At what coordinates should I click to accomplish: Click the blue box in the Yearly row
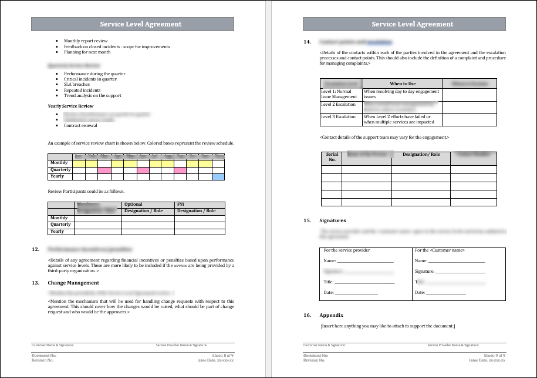click(218, 176)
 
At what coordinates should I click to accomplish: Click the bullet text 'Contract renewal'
click(80, 126)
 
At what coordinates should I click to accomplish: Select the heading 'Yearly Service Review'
click(70, 106)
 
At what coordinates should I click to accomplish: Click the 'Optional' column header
click(133, 205)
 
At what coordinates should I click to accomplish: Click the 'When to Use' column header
click(403, 83)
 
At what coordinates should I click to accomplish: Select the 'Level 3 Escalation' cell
click(339, 117)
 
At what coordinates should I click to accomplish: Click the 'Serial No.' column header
click(332, 157)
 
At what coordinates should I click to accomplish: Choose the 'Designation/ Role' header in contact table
click(421, 155)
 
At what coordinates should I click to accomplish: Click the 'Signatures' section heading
click(333, 220)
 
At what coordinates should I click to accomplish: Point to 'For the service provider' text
click(347, 250)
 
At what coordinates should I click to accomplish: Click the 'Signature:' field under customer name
click(425, 272)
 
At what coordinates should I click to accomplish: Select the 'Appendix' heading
click(331, 315)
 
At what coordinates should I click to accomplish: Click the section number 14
click(307, 42)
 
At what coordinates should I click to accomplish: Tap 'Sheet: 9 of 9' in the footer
click(494, 356)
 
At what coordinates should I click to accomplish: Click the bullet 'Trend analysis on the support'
click(93, 95)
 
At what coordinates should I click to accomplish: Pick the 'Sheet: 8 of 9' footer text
click(222, 356)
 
